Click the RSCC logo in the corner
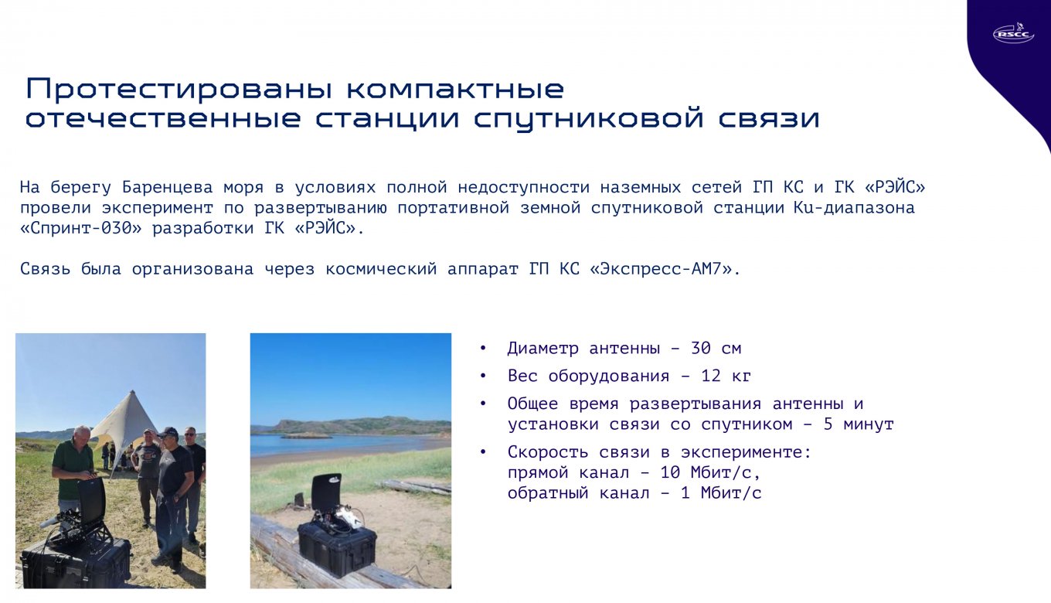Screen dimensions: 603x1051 point(1013,33)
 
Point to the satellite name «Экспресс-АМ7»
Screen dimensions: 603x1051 point(664,270)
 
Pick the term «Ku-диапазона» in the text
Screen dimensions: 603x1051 point(853,209)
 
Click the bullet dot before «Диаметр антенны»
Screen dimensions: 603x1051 point(483,349)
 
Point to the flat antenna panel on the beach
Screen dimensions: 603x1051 point(326,495)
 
